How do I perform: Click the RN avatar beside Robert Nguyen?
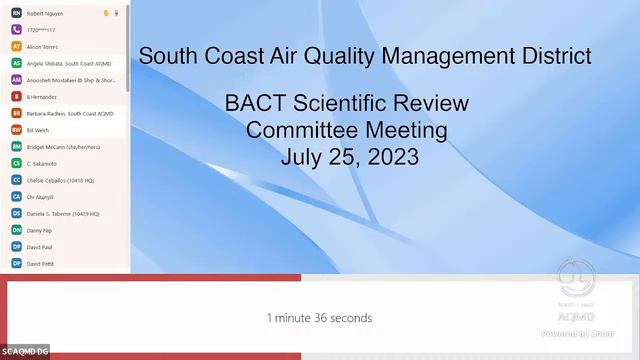point(16,13)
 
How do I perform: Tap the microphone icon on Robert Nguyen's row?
point(116,13)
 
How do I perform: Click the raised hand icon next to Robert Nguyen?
point(106,13)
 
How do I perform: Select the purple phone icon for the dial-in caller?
point(16,30)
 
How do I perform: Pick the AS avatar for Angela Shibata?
point(16,63)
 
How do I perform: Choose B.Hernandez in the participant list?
point(43,97)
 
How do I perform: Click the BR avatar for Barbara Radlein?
point(16,113)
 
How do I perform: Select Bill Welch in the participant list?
point(38,130)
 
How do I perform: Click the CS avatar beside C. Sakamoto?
point(16,163)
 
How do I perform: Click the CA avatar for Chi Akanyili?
point(16,197)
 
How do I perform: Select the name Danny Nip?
point(39,230)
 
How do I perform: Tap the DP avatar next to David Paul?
point(16,246)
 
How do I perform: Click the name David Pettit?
point(41,263)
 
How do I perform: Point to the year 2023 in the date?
point(392,156)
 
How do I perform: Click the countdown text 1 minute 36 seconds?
point(319,318)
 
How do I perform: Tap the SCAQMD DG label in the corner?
point(25,351)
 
